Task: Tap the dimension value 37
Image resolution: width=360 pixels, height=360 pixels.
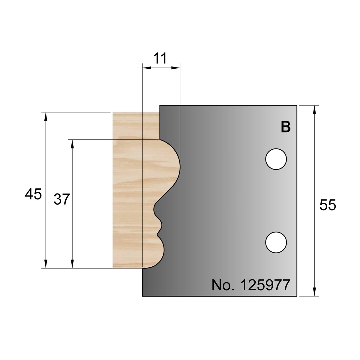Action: [62, 199]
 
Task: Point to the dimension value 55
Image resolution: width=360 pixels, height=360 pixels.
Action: [328, 205]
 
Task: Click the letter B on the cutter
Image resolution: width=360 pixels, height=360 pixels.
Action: [286, 127]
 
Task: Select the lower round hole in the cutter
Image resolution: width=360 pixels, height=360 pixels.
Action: [276, 242]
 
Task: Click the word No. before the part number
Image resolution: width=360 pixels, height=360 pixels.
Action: [222, 285]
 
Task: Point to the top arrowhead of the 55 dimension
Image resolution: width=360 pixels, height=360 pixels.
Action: [314, 109]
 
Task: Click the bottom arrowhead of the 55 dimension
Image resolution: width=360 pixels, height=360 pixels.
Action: [314, 292]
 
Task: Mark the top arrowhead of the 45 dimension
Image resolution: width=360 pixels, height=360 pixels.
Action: [46, 116]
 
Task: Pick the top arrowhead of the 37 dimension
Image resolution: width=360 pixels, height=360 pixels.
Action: [72, 144]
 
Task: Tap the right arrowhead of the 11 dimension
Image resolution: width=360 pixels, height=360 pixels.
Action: [177, 68]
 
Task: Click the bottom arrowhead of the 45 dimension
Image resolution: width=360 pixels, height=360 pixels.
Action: [46, 264]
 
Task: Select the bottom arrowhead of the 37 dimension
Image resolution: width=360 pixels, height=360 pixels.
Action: [72, 264]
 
